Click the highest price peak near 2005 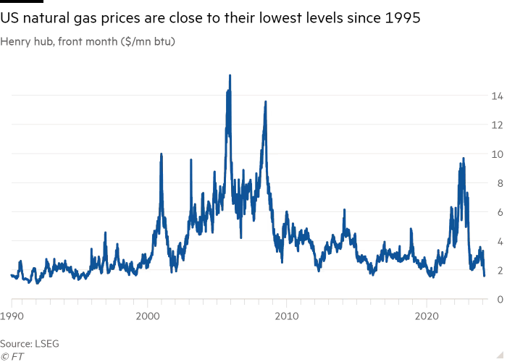coord(230,75)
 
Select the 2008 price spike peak coord(266,101)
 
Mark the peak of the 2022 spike coord(463,159)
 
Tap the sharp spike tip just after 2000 coord(161,154)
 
